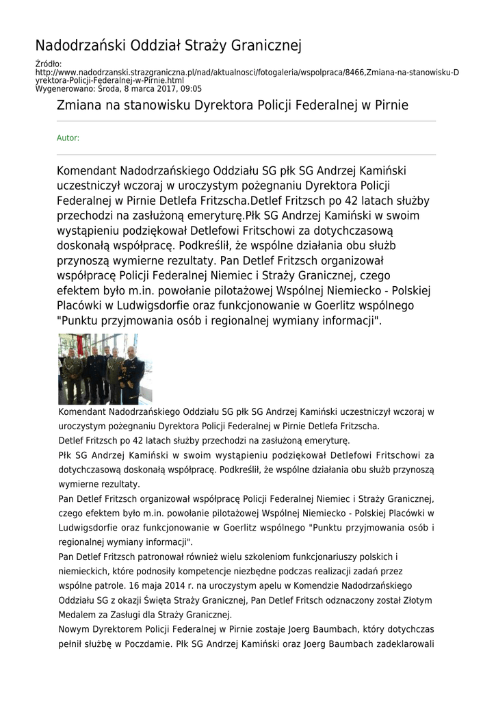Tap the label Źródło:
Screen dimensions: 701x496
pos(48,64)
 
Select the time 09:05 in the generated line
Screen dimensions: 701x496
pos(191,88)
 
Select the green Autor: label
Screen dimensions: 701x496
pos(68,138)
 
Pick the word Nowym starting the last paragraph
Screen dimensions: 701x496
pos(75,629)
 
